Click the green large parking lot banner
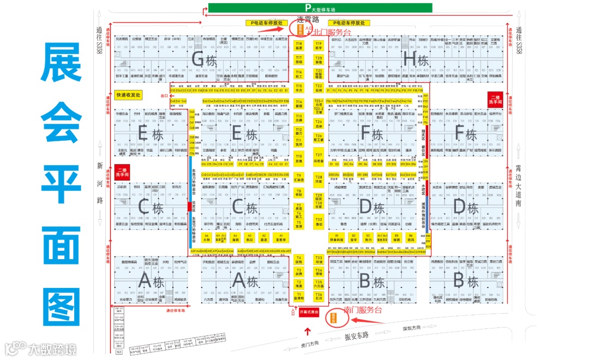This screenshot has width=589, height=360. click(x=320, y=8)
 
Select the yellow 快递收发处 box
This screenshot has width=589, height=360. click(x=128, y=95)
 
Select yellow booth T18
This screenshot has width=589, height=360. click(x=299, y=45)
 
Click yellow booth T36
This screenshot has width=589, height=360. click(x=319, y=297)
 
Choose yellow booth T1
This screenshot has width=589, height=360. click(x=299, y=297)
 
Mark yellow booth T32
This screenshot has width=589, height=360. click(x=319, y=221)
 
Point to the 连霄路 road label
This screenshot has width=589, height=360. click(x=308, y=19)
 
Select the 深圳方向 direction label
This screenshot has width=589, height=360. click(x=413, y=328)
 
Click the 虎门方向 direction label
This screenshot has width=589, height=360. click(x=310, y=344)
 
